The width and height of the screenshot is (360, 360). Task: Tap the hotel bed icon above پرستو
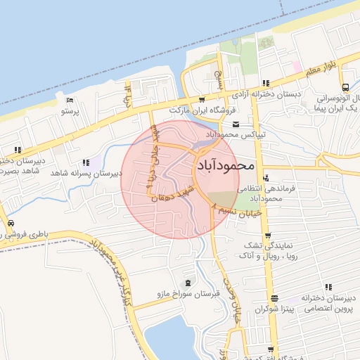click(70, 99)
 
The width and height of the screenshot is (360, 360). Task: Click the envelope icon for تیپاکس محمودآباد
click(236, 124)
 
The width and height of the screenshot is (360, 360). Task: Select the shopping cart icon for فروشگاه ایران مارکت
click(202, 101)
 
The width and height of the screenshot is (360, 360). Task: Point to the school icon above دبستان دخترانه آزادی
click(266, 83)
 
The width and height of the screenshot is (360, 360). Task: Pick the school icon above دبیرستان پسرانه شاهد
click(86, 162)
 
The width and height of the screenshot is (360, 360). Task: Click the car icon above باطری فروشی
click(10, 224)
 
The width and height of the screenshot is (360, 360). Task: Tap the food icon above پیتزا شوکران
click(267, 298)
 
